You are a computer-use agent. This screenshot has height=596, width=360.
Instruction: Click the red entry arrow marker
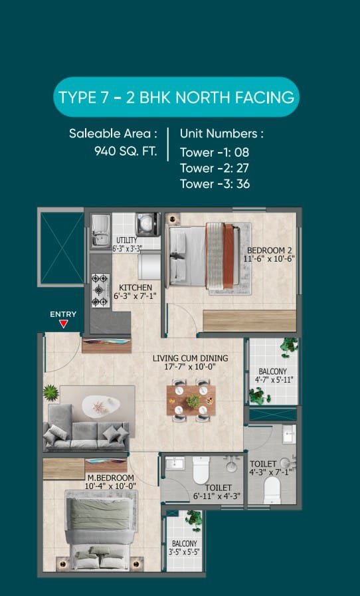[x=64, y=324]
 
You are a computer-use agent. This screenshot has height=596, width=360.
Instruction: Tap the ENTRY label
[x=63, y=314]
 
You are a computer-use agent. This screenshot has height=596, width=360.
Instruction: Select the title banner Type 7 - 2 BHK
[x=177, y=97]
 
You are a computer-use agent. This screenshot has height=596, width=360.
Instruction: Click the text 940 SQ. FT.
[x=126, y=151]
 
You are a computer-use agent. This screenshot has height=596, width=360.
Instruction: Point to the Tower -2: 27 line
[x=215, y=168]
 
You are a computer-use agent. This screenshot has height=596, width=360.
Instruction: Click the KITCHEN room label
[x=135, y=288]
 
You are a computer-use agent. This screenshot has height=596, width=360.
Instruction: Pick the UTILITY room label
[x=127, y=241]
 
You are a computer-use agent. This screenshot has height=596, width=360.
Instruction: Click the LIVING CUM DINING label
[x=191, y=358]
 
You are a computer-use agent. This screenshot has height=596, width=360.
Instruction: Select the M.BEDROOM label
[x=111, y=478]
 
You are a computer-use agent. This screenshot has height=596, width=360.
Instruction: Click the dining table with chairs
[x=191, y=400]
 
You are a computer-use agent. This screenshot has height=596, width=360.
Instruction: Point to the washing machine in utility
[x=148, y=225]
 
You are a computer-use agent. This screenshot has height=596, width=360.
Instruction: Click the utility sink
[x=101, y=231]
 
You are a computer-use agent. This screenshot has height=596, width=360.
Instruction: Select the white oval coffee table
[x=101, y=405]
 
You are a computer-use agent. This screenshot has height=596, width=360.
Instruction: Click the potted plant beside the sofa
[x=50, y=393]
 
